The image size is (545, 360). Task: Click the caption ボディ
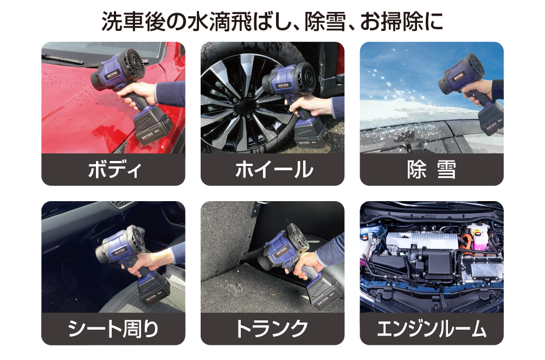(114, 170)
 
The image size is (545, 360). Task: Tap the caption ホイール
(273, 170)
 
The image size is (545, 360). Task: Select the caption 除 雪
(431, 170)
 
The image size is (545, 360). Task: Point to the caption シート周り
(113, 329)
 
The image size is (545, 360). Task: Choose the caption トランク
(272, 329)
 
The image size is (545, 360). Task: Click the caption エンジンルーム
(431, 329)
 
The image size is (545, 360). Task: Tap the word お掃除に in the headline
(401, 22)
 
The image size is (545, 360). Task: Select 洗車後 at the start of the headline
(133, 22)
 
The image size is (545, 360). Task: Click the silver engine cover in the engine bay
(422, 241)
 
